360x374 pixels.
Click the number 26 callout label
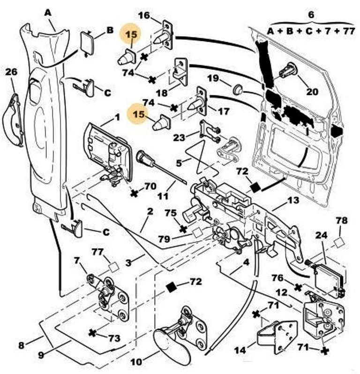pos(11,72)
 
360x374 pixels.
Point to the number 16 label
pos(144,15)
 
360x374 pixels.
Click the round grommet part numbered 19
pos(238,89)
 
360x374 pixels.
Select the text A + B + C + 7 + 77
pos(310,31)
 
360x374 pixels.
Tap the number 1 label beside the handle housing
pos(117,116)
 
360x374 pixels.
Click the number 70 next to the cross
pos(150,187)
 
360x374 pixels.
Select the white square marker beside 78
pos(339,242)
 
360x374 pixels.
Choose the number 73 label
pos(113,338)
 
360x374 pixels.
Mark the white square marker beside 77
pos(113,267)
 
